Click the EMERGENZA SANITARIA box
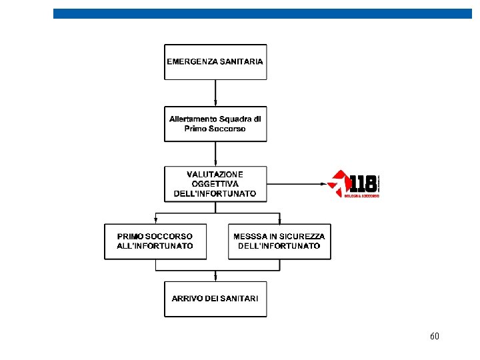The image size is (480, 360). (215, 61)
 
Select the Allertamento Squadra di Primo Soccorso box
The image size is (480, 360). (215, 123)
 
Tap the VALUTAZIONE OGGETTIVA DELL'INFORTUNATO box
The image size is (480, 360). (215, 183)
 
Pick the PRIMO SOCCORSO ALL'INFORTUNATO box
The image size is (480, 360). (155, 241)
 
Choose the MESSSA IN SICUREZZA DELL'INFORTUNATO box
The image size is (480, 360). (279, 241)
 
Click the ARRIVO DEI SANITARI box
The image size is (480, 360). (215, 299)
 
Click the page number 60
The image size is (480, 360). (435, 337)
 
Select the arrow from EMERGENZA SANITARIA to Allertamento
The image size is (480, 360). (215, 93)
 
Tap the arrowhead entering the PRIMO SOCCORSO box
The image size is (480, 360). (155, 221)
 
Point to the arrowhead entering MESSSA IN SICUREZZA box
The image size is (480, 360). (279, 221)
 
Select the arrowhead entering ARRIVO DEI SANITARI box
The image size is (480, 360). (215, 278)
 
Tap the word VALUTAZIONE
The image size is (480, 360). (215, 174)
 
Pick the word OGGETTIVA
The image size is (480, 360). (215, 183)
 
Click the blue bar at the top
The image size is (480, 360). (262, 13)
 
